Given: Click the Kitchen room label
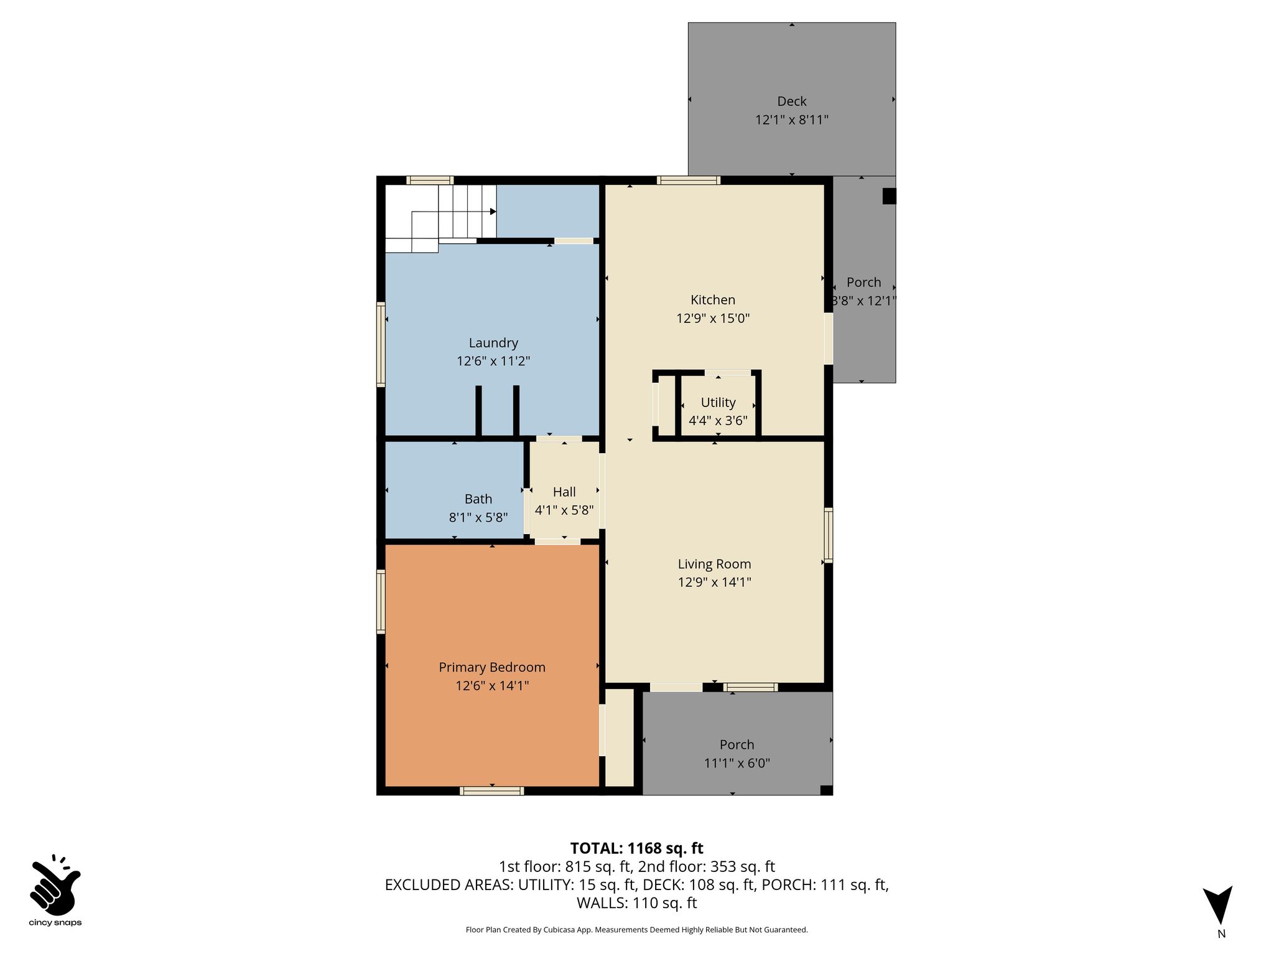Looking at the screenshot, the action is pos(713,300).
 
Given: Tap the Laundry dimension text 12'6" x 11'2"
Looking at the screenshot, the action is pos(493,361).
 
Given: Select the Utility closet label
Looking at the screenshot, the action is pos(718,403).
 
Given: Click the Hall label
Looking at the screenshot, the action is pos(564,492).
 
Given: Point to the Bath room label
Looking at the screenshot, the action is pos(478,499).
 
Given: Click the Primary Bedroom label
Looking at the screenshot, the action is pos(492,667).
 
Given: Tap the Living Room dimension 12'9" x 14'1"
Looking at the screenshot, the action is pos(715,583).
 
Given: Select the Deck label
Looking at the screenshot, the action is pos(792,101).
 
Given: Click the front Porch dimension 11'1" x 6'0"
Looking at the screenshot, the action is pos(737,763).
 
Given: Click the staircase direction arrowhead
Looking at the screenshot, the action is pos(493,212).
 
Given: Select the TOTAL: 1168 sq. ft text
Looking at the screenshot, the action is pos(637,848).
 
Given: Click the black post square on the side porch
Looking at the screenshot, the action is pos(890,196).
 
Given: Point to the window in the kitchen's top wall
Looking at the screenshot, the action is pos(689,180).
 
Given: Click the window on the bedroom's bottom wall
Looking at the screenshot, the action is pos(492,791).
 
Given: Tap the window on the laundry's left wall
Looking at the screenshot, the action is pos(381,344).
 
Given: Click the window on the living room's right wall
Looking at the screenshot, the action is pos(829,535).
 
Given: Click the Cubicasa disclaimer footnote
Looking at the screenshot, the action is pos(637,930).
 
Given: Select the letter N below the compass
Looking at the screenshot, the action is pos(1222,934).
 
